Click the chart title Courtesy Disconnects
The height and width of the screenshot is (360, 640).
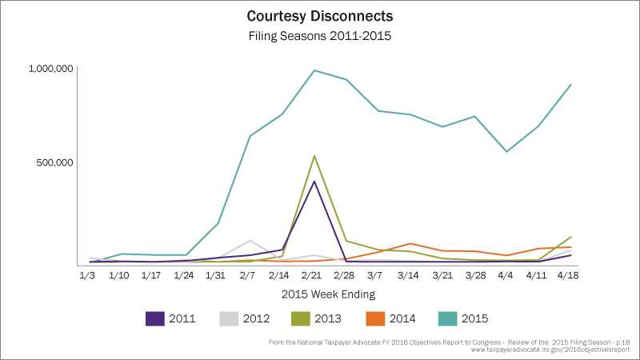pos(320,17)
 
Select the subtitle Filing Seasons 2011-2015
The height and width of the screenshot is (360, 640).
pos(320,35)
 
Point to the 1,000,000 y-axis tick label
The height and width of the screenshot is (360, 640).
pos(51,69)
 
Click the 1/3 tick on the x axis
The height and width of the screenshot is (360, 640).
pos(87,275)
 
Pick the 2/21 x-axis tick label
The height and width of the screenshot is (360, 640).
pos(314,275)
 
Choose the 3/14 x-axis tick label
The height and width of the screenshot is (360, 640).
pos(410,275)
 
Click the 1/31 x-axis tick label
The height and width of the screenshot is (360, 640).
pos(217,275)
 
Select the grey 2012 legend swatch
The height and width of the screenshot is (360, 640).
pos(230,318)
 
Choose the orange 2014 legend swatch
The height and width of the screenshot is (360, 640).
pos(377,318)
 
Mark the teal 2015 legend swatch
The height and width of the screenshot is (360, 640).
pos(452,318)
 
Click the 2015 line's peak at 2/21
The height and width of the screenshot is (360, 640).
pos(314,70)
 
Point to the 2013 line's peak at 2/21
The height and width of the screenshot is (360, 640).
pos(314,156)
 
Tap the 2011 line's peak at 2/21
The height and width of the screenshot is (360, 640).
pos(314,182)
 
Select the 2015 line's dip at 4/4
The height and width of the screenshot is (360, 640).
pos(506,151)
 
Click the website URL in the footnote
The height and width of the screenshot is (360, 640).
pos(552,350)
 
